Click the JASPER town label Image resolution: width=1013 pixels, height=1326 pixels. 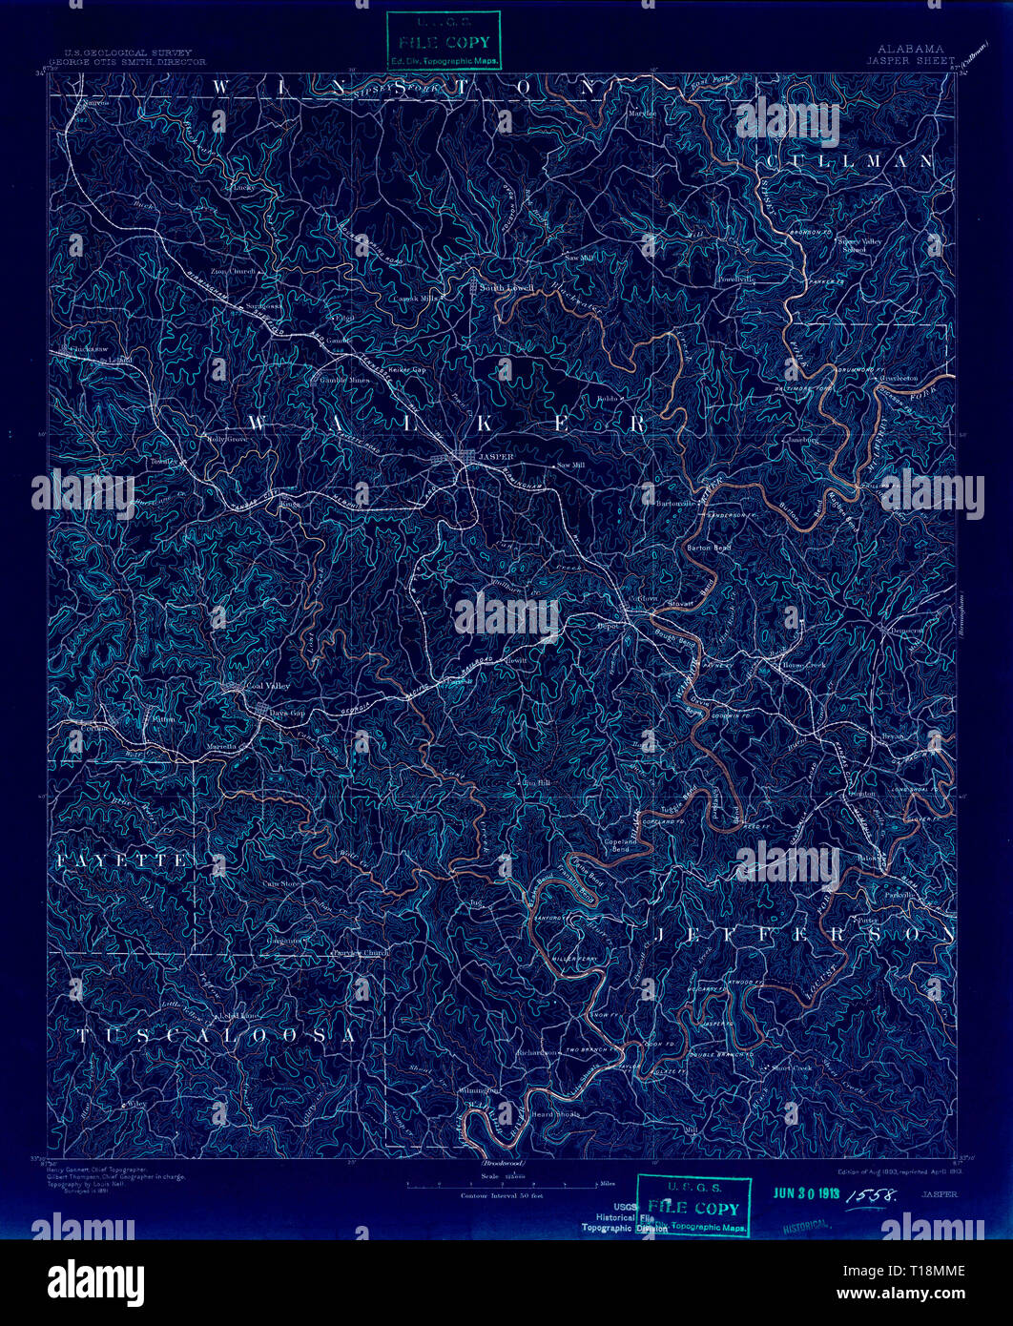click(496, 457)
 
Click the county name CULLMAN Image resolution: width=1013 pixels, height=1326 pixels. click(849, 161)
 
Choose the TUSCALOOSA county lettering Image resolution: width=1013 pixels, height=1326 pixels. click(217, 1035)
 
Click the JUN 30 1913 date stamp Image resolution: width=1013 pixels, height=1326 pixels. click(806, 1193)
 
